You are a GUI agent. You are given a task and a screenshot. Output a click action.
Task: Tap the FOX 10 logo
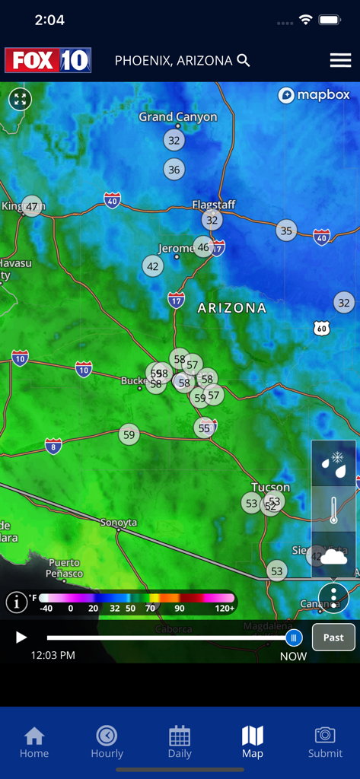coord(48,60)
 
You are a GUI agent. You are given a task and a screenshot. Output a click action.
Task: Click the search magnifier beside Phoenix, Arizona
coord(244,60)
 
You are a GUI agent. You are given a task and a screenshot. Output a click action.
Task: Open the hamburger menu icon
coord(340,61)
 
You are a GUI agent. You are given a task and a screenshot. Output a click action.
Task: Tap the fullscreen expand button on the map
coord(20,99)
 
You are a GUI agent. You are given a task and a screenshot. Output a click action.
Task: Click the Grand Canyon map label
coord(177,117)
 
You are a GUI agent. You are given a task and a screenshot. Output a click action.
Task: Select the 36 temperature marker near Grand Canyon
coord(174,170)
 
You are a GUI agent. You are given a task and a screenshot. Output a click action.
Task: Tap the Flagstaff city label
coord(213,205)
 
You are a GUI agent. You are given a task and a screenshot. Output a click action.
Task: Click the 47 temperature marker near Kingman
coord(31,206)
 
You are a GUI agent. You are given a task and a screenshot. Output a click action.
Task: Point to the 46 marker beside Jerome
coord(203,246)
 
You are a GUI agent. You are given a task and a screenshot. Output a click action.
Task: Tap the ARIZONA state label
coord(232,308)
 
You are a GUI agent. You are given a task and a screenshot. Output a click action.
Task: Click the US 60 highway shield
coord(322,328)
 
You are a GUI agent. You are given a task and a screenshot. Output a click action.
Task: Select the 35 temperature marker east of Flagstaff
coord(286,231)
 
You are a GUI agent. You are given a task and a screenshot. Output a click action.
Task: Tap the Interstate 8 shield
coord(53,446)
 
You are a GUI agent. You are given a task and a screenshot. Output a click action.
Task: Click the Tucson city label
coord(270,487)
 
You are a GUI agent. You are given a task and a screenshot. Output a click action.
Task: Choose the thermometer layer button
coord(333,509)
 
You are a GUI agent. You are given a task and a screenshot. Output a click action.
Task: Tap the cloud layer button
coord(333,556)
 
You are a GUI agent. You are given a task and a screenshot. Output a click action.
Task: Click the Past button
coord(333,638)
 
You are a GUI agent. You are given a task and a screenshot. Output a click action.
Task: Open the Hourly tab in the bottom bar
coord(107,742)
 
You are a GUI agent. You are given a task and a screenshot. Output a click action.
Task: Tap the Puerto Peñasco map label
coord(64,568)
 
